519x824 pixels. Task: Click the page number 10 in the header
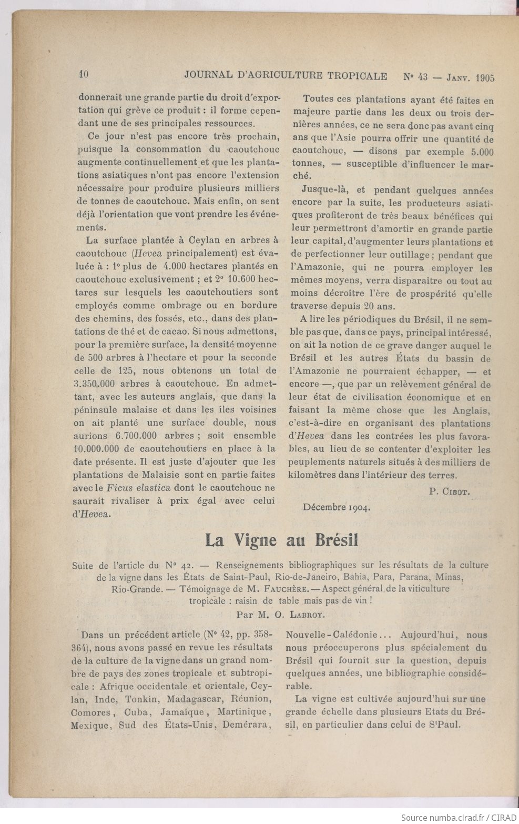83,75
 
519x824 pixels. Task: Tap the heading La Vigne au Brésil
281,540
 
